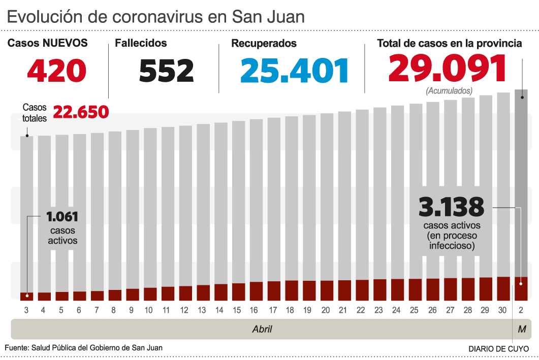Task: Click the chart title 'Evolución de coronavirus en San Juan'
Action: [156, 16]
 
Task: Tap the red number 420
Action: [57, 71]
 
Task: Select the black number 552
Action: [167, 71]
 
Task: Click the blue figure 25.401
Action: [295, 71]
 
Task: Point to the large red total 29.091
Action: [448, 69]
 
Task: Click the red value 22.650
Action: [81, 112]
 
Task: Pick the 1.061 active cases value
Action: [62, 217]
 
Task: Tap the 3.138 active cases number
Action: [451, 207]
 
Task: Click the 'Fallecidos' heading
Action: [141, 44]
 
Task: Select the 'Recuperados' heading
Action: [264, 44]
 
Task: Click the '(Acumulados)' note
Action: [449, 91]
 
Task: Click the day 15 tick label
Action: [237, 310]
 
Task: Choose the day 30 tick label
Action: [503, 310]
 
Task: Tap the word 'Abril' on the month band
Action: [262, 329]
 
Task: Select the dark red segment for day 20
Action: [327, 290]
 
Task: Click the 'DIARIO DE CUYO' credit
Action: [498, 349]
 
